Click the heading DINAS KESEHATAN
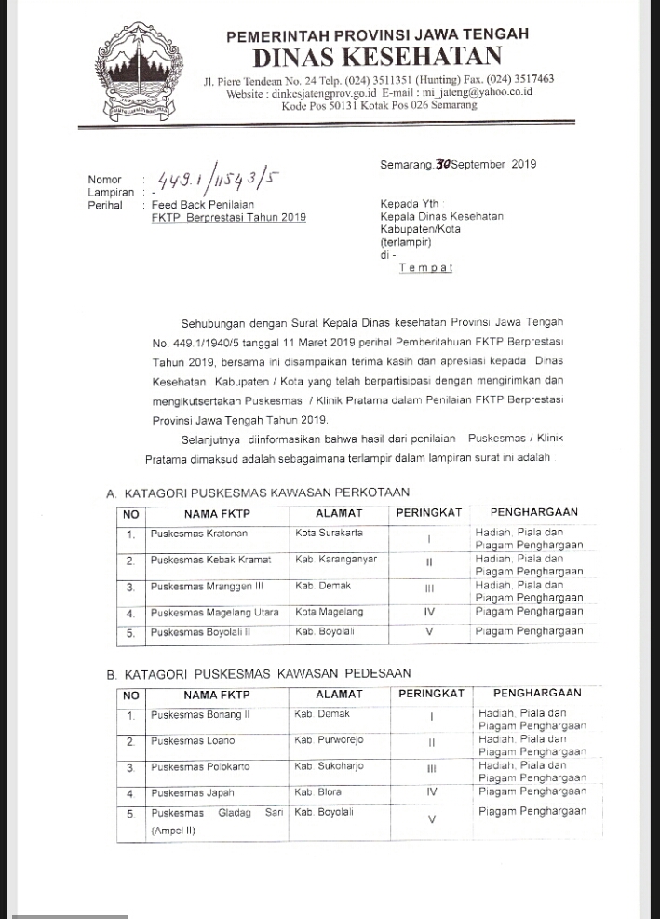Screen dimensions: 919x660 tap(377, 57)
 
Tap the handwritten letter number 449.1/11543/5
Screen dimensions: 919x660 tap(220, 178)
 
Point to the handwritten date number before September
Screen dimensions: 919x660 tap(443, 165)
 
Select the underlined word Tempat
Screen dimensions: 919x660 tap(425, 268)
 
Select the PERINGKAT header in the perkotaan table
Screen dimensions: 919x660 tap(429, 512)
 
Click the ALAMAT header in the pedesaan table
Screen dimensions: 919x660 tap(339, 694)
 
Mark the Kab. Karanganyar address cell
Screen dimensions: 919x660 tap(336, 560)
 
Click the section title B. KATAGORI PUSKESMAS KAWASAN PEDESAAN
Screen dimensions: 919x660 tap(258, 673)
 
